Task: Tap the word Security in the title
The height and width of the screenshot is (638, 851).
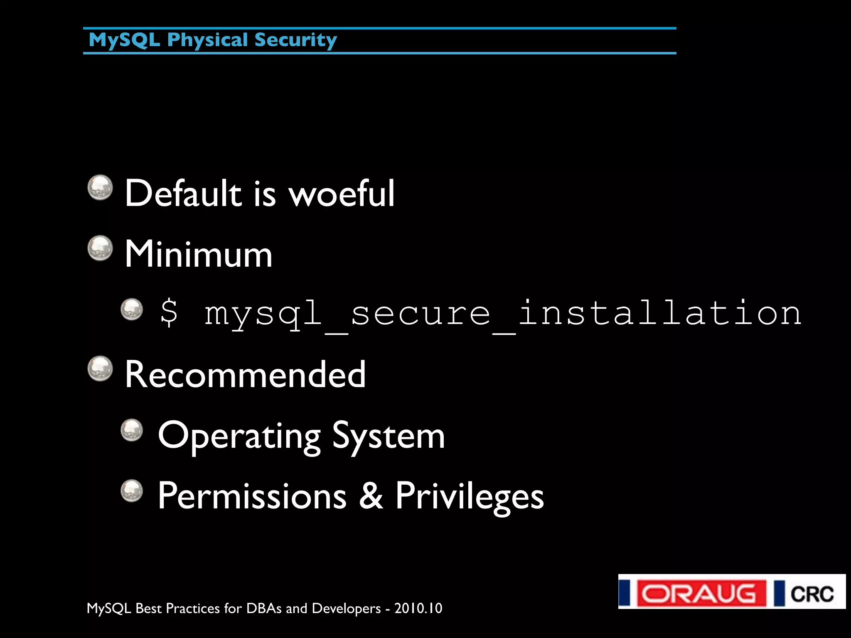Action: pos(295,40)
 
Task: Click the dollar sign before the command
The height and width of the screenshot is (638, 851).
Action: pos(169,312)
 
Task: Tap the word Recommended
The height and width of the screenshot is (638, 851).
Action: pos(245,374)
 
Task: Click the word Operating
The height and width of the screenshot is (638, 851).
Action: pos(239,436)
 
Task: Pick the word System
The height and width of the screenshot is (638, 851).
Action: pos(389,436)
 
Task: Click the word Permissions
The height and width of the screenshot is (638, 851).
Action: pos(252,496)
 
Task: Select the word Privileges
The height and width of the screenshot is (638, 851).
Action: pos(469,496)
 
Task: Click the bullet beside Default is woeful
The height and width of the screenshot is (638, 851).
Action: pos(100,187)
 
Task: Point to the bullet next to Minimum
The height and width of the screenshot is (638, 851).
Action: pos(100,248)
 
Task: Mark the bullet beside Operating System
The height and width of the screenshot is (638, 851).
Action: pos(132,430)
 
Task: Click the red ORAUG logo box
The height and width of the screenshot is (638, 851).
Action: pos(701,593)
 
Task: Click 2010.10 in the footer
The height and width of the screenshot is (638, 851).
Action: pos(418,608)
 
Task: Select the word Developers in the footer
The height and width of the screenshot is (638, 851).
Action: pos(346,609)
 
